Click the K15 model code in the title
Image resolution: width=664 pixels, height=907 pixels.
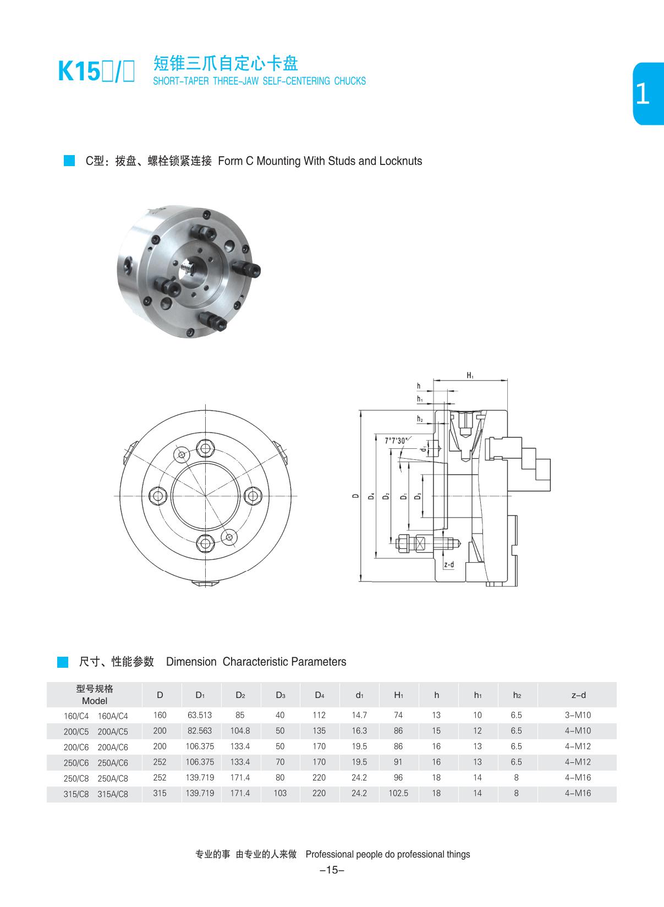click(x=78, y=72)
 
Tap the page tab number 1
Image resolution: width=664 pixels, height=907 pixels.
click(x=642, y=95)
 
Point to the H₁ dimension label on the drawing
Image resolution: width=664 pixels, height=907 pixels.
click(x=470, y=376)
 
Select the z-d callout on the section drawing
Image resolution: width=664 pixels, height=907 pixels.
click(x=448, y=565)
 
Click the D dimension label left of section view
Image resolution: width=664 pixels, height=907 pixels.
click(x=355, y=496)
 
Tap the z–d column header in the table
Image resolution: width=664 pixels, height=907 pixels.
click(x=578, y=695)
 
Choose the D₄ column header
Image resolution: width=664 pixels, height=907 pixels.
click(x=319, y=695)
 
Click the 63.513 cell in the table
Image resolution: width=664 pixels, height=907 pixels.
click(x=200, y=715)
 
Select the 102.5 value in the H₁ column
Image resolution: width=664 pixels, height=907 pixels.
click(x=398, y=793)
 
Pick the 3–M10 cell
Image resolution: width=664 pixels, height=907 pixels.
click(x=578, y=715)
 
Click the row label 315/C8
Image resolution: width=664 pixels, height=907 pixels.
click(x=76, y=794)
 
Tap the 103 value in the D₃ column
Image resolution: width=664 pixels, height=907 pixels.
click(x=280, y=793)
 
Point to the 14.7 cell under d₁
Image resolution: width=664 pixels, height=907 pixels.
click(x=359, y=715)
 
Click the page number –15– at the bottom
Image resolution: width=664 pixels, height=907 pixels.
click(x=332, y=870)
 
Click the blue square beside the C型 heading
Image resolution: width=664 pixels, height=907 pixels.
click(x=69, y=161)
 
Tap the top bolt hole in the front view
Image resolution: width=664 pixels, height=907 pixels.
click(x=205, y=448)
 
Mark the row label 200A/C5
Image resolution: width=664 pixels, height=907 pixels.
click(x=112, y=732)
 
